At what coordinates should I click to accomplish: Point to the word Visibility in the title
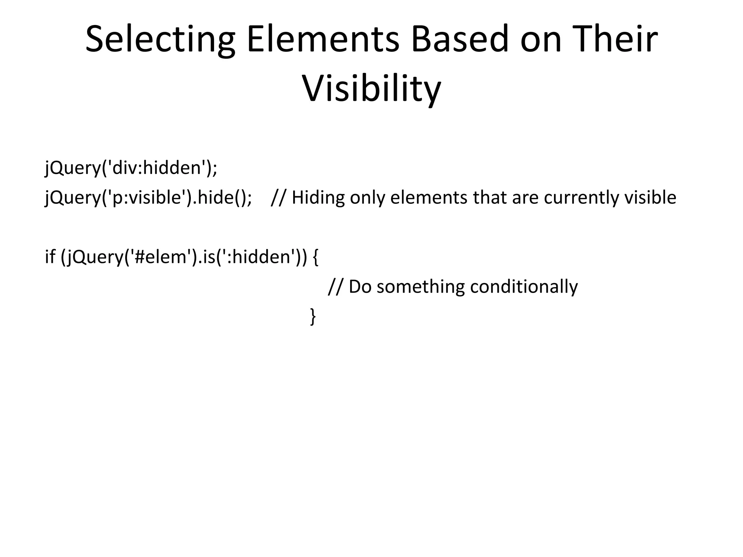click(x=371, y=89)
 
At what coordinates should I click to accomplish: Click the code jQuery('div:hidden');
click(x=131, y=168)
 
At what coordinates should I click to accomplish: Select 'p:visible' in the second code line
click(x=147, y=198)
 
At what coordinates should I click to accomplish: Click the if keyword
click(x=50, y=257)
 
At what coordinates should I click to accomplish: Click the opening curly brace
click(x=315, y=257)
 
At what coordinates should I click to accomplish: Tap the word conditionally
click(x=524, y=286)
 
